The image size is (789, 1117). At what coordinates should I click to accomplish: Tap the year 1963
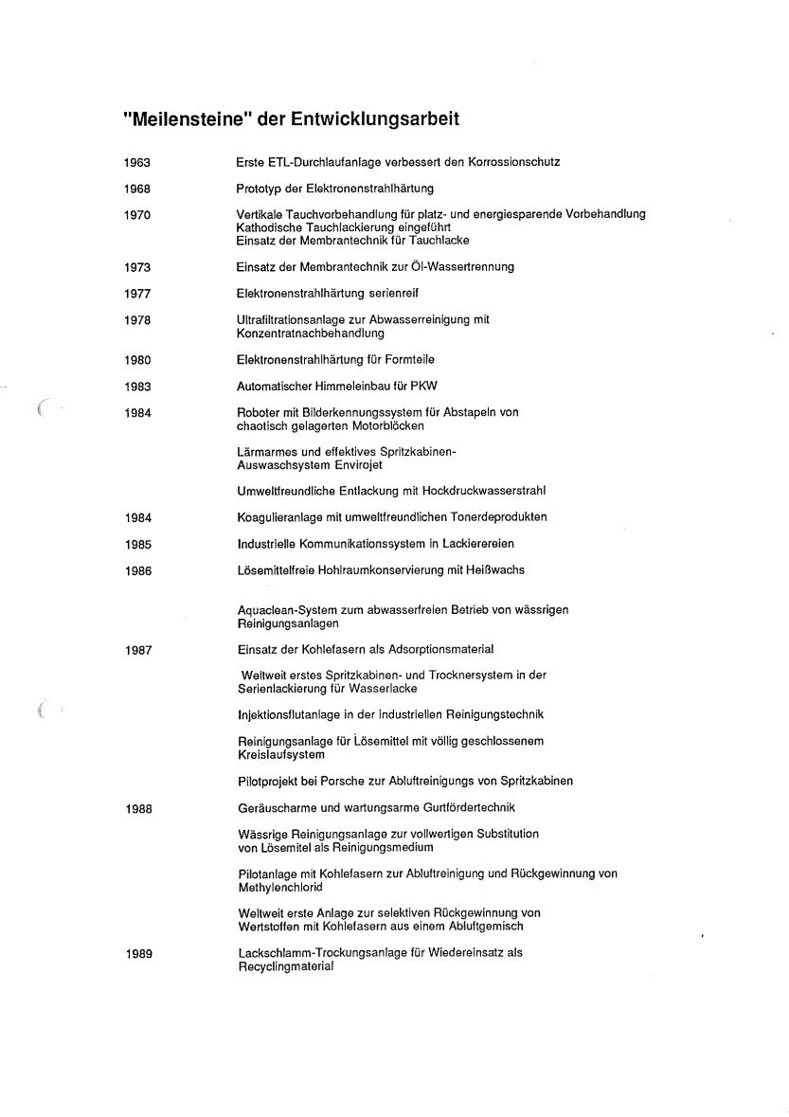(x=137, y=162)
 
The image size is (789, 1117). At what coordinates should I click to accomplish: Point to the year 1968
(x=137, y=189)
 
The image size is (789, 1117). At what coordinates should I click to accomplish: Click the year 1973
(x=137, y=267)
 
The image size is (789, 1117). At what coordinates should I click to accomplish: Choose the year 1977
(x=137, y=294)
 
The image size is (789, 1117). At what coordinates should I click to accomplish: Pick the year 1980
(x=137, y=360)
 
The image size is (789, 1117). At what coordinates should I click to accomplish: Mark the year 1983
(x=137, y=387)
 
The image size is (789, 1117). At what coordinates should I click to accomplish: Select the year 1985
(x=137, y=544)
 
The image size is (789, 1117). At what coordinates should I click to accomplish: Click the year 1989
(x=137, y=953)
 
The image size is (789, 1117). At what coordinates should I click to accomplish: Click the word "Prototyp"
(x=258, y=189)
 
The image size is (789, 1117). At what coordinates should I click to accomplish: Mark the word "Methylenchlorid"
(x=279, y=888)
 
